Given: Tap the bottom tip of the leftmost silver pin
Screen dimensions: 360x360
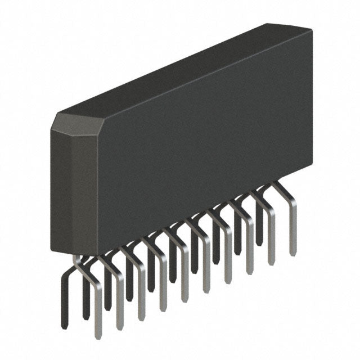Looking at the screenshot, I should pyautogui.click(x=98, y=336).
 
